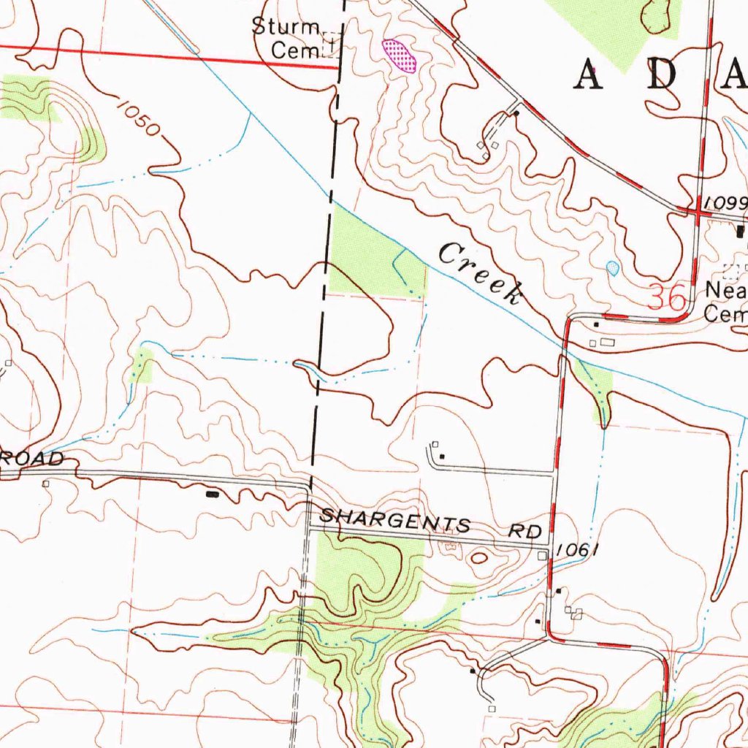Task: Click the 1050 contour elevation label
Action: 137,118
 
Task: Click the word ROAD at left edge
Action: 33,459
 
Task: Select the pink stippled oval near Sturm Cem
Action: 400,56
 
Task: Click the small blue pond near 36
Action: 612,268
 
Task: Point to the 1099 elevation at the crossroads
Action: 723,202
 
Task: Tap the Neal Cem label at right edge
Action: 725,302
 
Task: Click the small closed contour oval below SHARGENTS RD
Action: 479,557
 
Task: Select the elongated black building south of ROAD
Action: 213,495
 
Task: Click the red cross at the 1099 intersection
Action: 697,211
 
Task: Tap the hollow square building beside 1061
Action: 542,556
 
